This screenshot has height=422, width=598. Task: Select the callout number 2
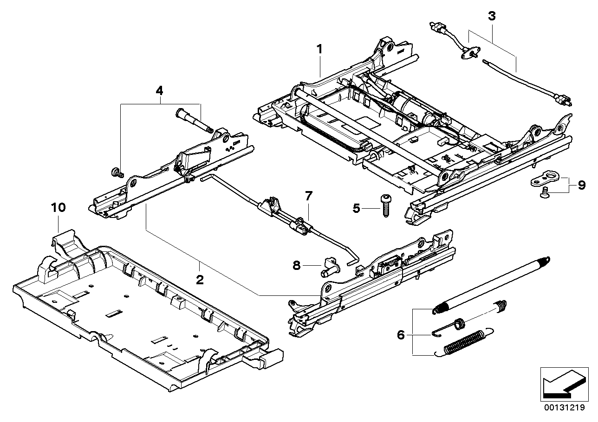pyautogui.click(x=200, y=279)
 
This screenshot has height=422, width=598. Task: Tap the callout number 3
pyautogui.click(x=492, y=16)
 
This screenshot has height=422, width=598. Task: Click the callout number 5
pyautogui.click(x=356, y=208)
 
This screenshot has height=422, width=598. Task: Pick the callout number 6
pyautogui.click(x=401, y=334)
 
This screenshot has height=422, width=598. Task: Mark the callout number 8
pyautogui.click(x=297, y=265)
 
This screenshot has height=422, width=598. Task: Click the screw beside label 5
pyautogui.click(x=385, y=205)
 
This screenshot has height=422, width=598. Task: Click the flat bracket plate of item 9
pyautogui.click(x=545, y=179)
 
